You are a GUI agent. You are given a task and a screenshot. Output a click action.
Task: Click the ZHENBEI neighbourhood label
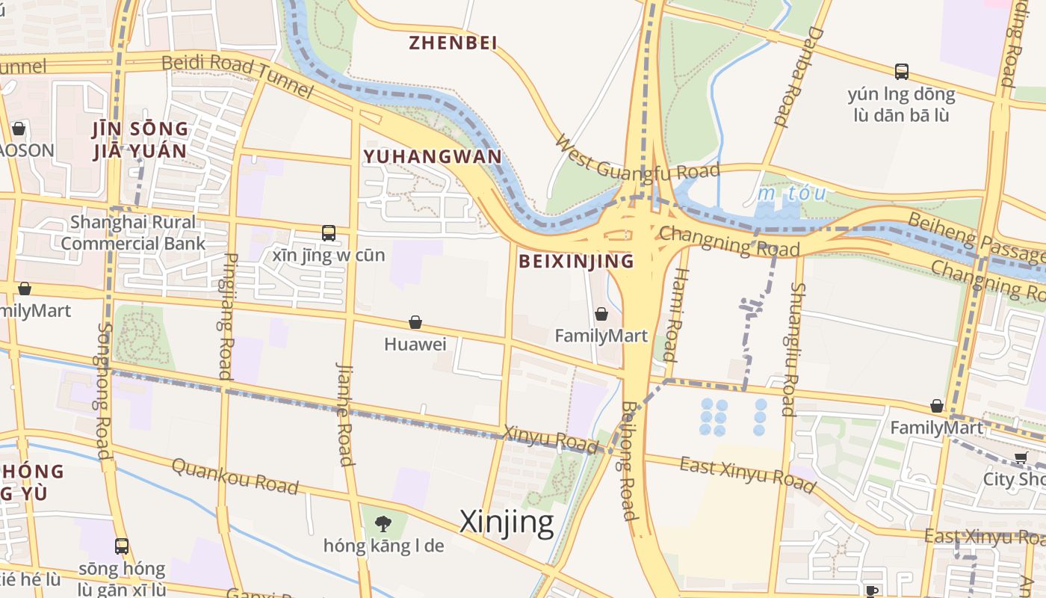coord(453,43)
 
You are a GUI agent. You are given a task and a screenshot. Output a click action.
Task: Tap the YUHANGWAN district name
coord(432,156)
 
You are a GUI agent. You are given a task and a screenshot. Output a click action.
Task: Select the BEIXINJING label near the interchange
coord(575,261)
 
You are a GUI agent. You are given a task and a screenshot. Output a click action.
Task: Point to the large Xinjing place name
coord(507,522)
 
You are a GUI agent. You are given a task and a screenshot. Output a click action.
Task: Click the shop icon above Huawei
coord(415,322)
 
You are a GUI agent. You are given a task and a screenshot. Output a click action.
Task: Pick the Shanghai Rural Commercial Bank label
coord(132,232)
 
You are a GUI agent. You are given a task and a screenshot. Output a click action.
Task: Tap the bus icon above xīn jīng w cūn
coord(329,232)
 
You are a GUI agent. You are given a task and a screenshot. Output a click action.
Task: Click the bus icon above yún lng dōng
coord(902,72)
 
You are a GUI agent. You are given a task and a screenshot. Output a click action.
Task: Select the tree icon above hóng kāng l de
coord(383,523)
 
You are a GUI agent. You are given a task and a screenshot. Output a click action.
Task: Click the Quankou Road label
coord(235,476)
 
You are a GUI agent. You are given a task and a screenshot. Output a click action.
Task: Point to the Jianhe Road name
coord(344,414)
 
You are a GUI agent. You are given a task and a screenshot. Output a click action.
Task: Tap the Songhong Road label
coord(103,390)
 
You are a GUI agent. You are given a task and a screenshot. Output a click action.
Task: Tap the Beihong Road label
coord(628,460)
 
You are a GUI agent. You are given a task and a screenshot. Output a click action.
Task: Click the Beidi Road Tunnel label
coord(237,75)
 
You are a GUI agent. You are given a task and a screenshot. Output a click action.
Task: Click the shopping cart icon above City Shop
coord(1021,457)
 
